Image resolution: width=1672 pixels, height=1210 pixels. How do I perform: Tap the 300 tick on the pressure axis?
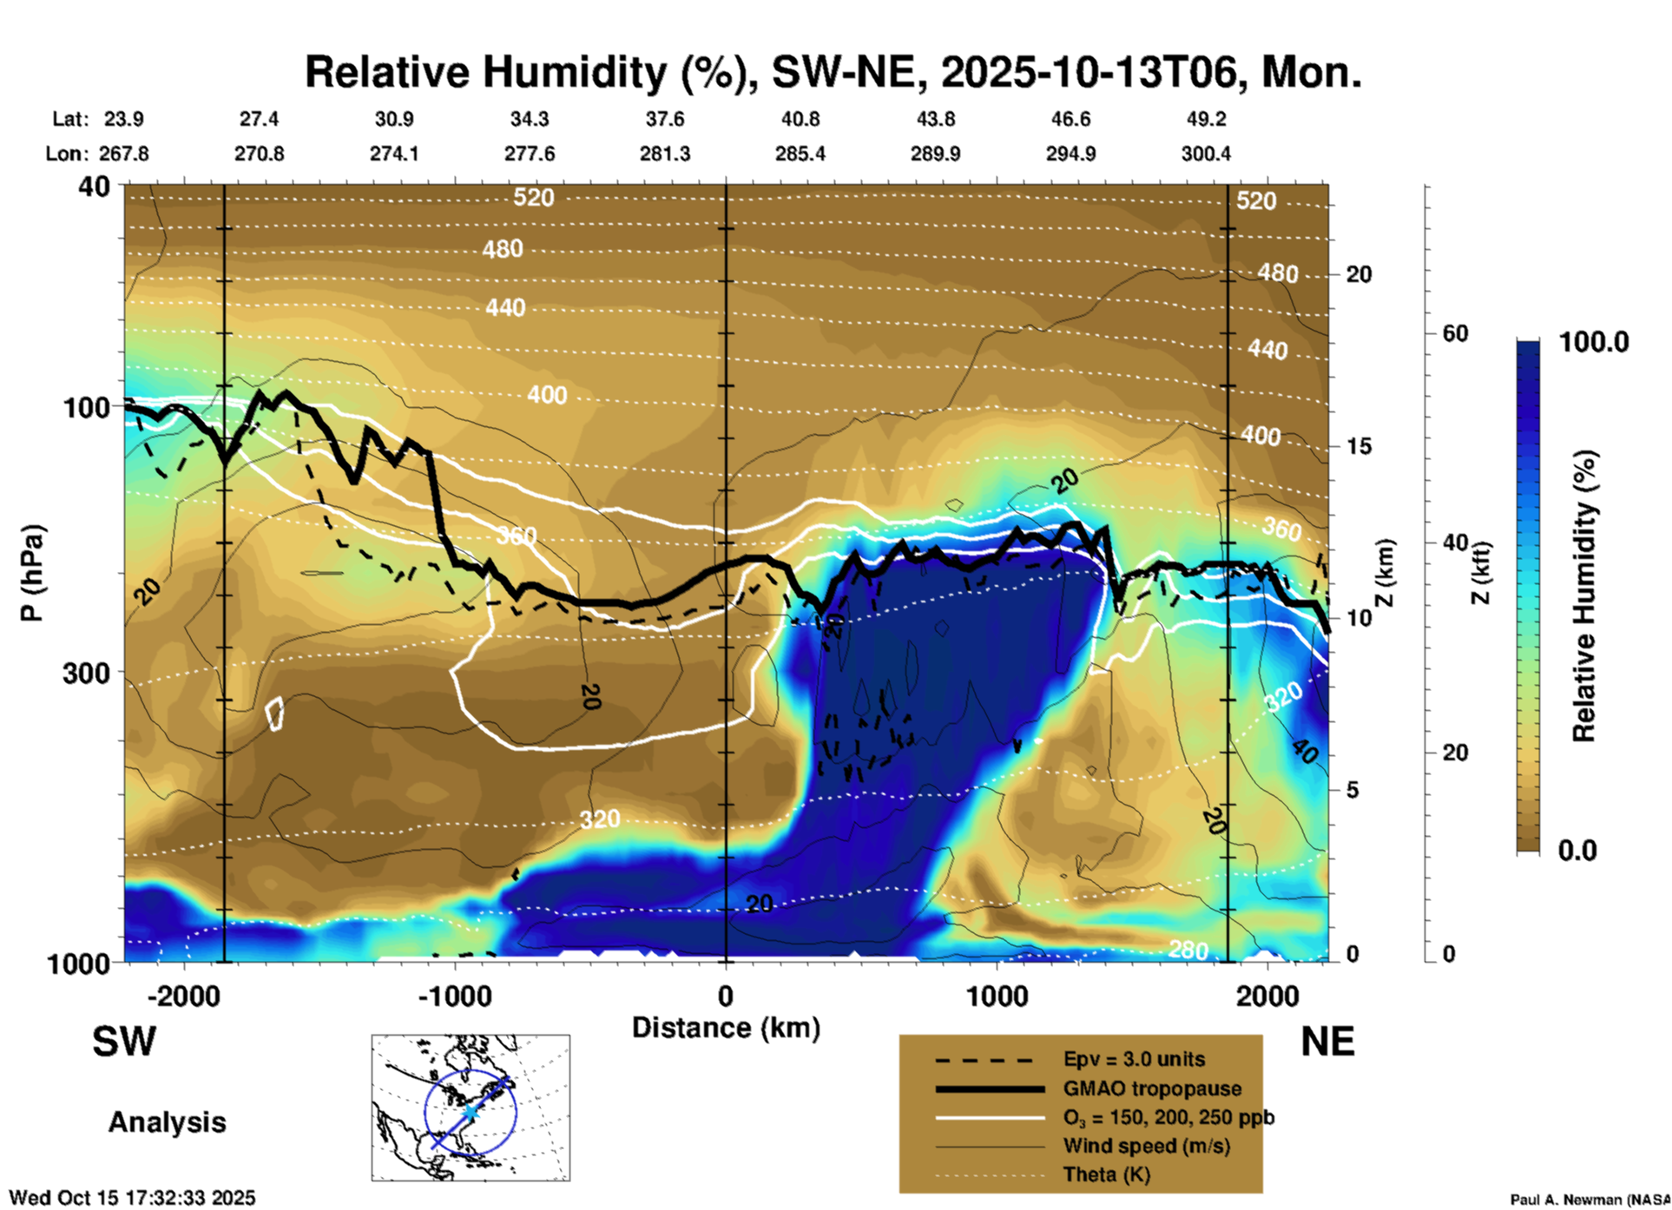pyautogui.click(x=87, y=673)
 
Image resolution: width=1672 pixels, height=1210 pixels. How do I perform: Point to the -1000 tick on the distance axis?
pyautogui.click(x=455, y=996)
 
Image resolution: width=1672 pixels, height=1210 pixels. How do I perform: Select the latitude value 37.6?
pyautogui.click(x=665, y=119)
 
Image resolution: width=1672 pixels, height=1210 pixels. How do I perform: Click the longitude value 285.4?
pyautogui.click(x=800, y=154)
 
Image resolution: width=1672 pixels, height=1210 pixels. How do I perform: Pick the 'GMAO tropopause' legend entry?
pyautogui.click(x=1152, y=1088)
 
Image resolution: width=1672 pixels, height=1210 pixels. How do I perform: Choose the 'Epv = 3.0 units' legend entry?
pyautogui.click(x=1134, y=1060)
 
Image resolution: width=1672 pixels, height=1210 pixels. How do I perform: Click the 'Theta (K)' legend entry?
pyautogui.click(x=1106, y=1174)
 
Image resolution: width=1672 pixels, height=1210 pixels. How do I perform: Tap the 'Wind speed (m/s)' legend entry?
pyautogui.click(x=1146, y=1146)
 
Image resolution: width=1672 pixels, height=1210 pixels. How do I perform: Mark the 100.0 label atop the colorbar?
pyautogui.click(x=1594, y=342)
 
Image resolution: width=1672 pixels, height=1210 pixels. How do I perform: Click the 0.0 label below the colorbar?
pyautogui.click(x=1577, y=851)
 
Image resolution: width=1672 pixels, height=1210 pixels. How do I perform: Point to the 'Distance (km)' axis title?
pyautogui.click(x=726, y=1028)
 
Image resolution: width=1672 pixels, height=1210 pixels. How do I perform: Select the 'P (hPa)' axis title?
pyautogui.click(x=32, y=573)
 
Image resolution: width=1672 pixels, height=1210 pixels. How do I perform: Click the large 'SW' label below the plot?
pyautogui.click(x=124, y=1042)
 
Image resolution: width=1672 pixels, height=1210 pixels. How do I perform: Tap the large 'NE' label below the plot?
pyautogui.click(x=1327, y=1042)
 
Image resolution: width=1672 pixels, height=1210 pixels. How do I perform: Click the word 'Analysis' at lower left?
pyautogui.click(x=167, y=1122)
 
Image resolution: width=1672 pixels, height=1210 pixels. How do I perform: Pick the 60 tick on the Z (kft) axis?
pyautogui.click(x=1455, y=333)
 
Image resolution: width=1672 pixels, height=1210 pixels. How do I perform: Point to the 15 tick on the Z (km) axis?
pyautogui.click(x=1359, y=446)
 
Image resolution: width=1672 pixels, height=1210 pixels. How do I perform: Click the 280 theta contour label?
pyautogui.click(x=1188, y=950)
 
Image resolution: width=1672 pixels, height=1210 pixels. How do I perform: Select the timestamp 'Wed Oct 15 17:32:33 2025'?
pyautogui.click(x=133, y=1198)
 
